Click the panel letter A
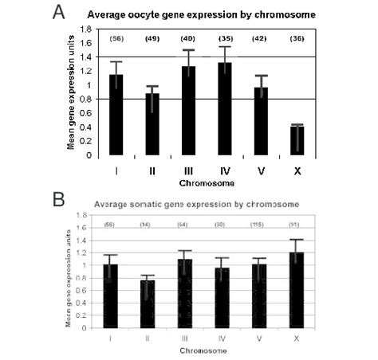tap(57, 14)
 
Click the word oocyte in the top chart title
tap(162, 14)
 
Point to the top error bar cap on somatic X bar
tap(318, 239)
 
